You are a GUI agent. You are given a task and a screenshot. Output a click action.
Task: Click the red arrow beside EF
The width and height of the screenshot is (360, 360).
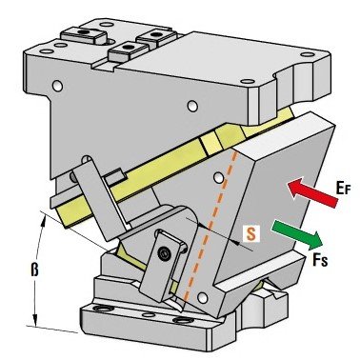pyautogui.click(x=313, y=193)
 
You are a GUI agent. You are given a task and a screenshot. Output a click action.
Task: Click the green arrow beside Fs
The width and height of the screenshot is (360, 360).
pyautogui.click(x=297, y=234)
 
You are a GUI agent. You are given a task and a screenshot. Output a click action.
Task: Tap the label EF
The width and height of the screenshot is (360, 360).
pyautogui.click(x=343, y=189)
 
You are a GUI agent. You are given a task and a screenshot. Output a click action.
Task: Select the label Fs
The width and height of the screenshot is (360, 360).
pyautogui.click(x=320, y=260)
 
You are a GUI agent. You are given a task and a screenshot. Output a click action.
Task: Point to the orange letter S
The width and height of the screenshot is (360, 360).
pyautogui.click(x=251, y=234)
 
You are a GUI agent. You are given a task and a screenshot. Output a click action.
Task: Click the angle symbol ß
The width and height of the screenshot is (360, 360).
pyautogui.click(x=34, y=270)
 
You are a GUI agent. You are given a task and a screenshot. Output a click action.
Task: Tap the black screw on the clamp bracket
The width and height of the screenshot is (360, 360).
pyautogui.click(x=164, y=253)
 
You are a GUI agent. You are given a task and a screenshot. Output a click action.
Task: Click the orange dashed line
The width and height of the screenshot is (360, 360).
pyautogui.click(x=210, y=226)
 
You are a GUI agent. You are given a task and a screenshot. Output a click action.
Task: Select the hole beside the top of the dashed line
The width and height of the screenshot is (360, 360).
pyautogui.click(x=218, y=178)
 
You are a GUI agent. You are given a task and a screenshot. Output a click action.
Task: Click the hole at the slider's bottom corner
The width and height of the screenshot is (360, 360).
pyautogui.click(x=202, y=298)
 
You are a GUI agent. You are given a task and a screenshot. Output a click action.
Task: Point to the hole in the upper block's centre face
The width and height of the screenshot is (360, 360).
pyautogui.click(x=192, y=106)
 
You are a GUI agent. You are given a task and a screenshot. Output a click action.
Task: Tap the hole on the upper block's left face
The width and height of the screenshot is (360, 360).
pyautogui.click(x=57, y=86)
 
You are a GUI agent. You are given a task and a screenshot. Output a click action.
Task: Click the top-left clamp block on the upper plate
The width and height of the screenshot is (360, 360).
pyautogui.click(x=84, y=35)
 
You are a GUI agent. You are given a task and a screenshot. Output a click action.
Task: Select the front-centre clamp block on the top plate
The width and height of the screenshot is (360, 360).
pyautogui.click(x=129, y=50)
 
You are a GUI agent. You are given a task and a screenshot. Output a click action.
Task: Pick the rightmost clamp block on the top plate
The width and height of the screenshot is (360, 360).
pyautogui.click(x=156, y=37)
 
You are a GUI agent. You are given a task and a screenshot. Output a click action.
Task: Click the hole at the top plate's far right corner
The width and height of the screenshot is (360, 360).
pyautogui.click(x=306, y=54)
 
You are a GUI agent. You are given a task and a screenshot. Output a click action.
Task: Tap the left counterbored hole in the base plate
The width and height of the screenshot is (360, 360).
pyautogui.click(x=101, y=308)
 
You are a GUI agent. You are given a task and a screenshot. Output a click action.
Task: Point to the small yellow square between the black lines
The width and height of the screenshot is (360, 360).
pyautogui.click(x=210, y=143)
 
